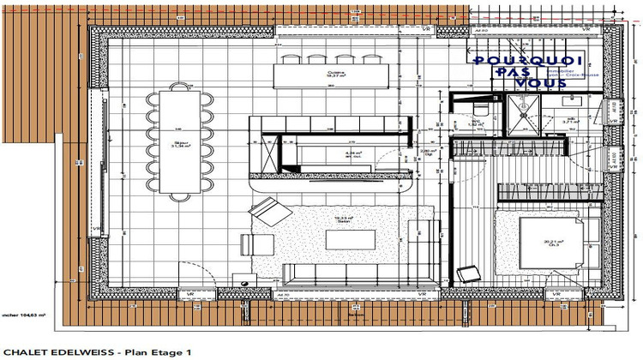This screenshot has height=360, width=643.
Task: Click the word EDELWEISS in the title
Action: [85, 351]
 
